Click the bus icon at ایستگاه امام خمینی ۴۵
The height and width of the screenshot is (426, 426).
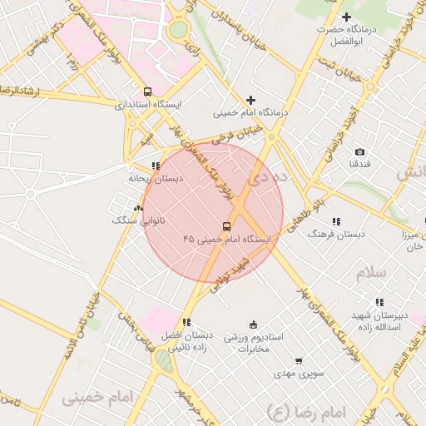click(x=226, y=226)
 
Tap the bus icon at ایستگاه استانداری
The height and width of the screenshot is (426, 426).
click(x=147, y=92)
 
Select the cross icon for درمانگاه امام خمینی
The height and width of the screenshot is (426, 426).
click(x=250, y=100)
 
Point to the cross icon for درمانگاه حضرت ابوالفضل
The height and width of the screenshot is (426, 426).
click(x=347, y=17)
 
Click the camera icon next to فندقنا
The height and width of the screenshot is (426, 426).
click(x=359, y=151)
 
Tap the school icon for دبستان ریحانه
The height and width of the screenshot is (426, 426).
click(x=156, y=166)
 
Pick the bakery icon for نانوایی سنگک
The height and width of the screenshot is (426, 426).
click(x=138, y=208)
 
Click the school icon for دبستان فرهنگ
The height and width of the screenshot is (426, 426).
click(x=336, y=221)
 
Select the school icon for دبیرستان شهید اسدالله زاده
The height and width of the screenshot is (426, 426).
click(x=379, y=303)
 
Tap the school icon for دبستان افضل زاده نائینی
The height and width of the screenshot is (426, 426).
click(x=186, y=322)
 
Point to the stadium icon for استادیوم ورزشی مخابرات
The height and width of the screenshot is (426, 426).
click(x=253, y=324)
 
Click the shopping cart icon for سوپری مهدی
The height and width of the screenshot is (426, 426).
click(x=299, y=361)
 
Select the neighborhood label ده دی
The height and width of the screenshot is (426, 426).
click(x=272, y=176)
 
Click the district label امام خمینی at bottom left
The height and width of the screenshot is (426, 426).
click(x=97, y=398)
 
